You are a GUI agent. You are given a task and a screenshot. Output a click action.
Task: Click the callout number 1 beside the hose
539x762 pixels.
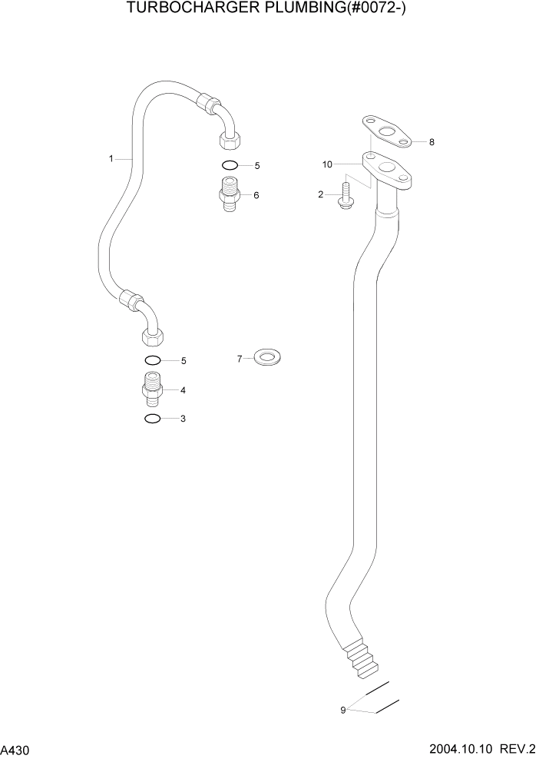coord(111,159)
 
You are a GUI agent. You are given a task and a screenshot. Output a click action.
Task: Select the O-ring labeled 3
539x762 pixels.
coord(152,419)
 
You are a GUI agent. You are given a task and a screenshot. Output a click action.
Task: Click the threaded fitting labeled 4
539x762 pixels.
coord(152,389)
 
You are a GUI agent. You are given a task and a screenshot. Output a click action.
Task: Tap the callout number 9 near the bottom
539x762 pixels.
coord(343,710)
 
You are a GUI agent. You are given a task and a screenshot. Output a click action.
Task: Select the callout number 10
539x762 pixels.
coord(327,164)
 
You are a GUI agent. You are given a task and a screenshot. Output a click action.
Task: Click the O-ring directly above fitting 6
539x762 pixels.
coord(229,165)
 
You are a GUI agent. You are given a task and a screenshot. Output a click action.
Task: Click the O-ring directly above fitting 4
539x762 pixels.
coord(152,360)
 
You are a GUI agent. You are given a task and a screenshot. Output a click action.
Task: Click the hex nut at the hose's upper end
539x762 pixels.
coord(228,140)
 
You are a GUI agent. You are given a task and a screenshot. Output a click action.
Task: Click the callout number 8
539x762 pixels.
coord(432,142)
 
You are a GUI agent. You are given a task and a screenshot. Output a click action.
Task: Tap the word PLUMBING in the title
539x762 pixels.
coord(306,10)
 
